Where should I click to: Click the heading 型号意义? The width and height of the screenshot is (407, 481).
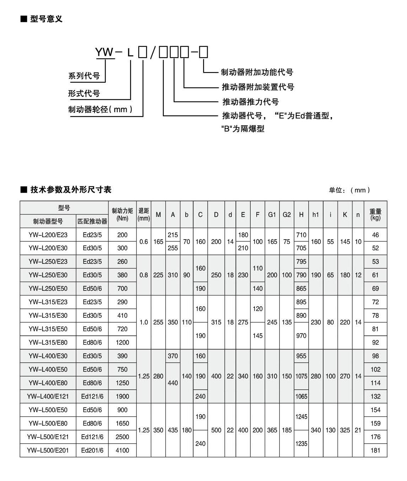point(46,19)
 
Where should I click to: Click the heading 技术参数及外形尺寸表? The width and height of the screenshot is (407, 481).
point(71,190)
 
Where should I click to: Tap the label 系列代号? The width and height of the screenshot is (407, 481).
point(84,76)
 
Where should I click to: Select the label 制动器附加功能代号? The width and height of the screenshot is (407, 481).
point(257,72)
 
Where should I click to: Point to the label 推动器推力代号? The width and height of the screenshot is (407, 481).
point(251,102)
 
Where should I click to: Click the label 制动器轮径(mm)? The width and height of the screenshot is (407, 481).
point(100,109)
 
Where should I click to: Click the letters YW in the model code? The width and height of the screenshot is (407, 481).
point(104,53)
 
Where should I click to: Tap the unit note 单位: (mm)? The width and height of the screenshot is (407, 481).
point(349,190)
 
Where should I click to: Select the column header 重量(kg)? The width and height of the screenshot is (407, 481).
point(375,214)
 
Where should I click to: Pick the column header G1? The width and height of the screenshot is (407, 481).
point(272,214)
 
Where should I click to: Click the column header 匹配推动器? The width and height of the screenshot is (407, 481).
point(92,221)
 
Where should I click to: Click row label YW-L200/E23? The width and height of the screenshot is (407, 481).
point(48,235)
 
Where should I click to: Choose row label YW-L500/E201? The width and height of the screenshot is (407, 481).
point(48,450)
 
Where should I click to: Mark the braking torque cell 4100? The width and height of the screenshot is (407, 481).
point(122,450)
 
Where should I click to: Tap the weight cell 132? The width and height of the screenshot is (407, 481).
point(375,396)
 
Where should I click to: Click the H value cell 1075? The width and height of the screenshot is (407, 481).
point(301,376)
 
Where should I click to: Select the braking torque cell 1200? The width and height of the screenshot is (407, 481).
point(122,342)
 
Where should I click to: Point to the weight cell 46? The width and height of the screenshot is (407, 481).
point(375,235)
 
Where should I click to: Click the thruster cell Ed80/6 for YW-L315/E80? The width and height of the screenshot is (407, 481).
point(92,342)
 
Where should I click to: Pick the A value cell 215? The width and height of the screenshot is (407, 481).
point(173,235)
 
